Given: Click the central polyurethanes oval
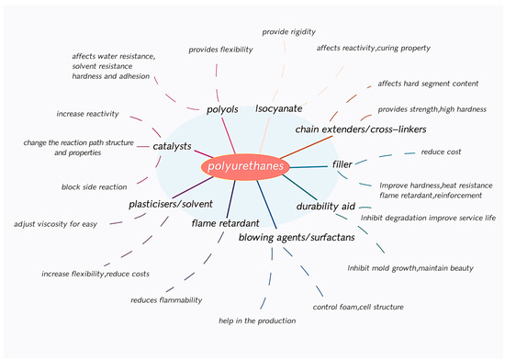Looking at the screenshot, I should click(245, 167).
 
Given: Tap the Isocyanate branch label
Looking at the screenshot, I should click(279, 109).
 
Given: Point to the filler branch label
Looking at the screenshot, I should click(341, 165).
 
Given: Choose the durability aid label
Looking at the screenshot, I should click(325, 207).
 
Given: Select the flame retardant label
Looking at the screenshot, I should click(224, 223).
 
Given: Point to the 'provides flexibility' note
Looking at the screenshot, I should click(221, 49).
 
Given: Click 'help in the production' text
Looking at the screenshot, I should click(257, 321).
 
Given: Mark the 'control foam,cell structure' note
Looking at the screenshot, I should click(358, 307).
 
